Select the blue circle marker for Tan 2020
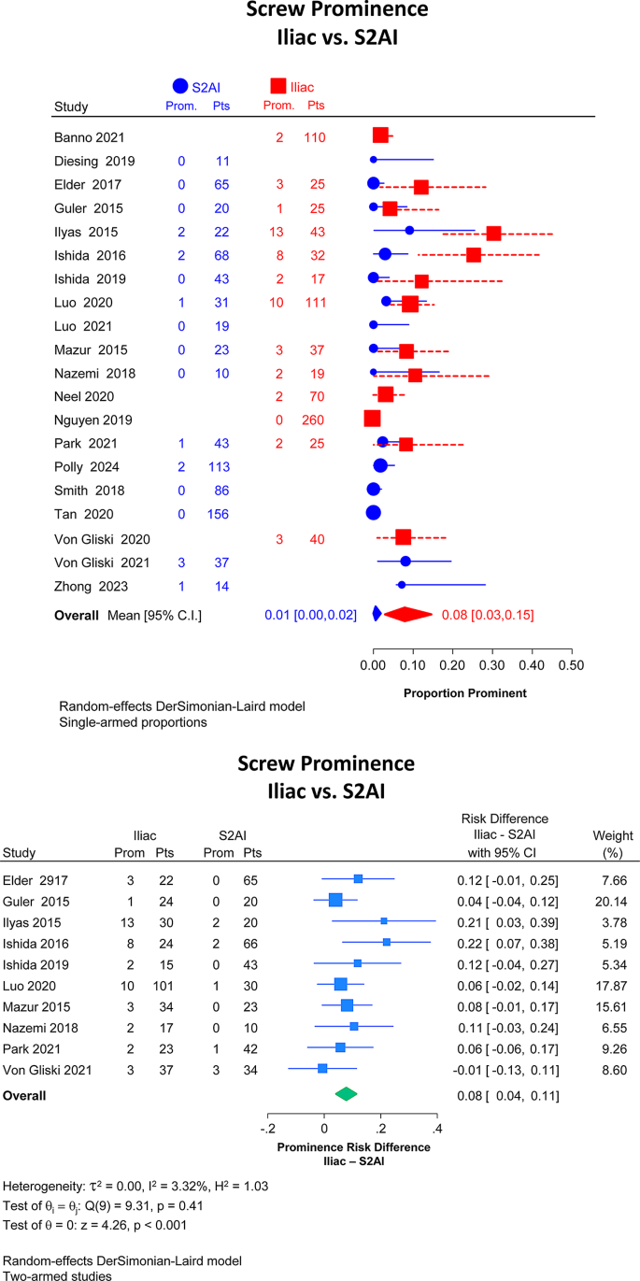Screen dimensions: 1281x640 (373, 513)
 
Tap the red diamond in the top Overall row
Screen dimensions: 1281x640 (407, 614)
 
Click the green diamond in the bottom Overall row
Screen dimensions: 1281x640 (347, 1093)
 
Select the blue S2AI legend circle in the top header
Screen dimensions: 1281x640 (180, 86)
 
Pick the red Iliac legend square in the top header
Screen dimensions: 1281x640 (278, 86)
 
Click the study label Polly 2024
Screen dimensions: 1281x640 (87, 465)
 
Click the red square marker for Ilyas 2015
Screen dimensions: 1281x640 (493, 234)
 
